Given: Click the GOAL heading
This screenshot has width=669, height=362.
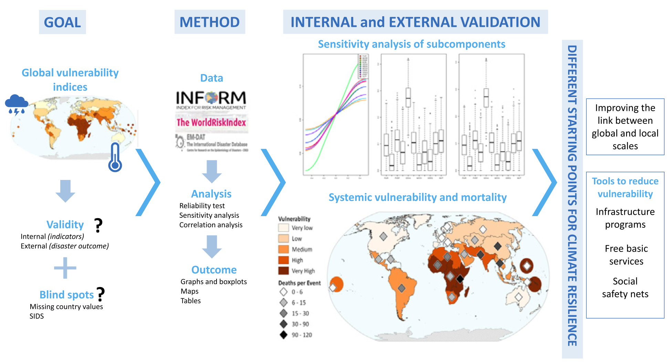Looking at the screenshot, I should pos(62,22).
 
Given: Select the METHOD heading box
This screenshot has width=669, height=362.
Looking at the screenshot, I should pos(209,22).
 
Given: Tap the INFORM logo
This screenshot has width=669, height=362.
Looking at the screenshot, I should pos(211,99).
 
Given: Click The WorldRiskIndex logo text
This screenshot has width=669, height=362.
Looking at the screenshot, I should pos(211,123).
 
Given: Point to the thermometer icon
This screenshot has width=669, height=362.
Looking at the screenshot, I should pos(115,157).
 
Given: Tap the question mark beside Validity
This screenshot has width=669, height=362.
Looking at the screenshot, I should pos(98,225).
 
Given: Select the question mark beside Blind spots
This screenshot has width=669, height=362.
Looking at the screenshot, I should pos(101,294).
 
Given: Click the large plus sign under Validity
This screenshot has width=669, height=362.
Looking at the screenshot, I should pos(65,268).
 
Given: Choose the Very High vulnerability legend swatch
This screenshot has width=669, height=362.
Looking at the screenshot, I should pos(283,270).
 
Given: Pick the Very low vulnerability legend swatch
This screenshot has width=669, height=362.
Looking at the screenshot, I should pos(283,228).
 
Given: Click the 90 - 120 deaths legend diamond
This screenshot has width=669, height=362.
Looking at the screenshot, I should pos(283,335).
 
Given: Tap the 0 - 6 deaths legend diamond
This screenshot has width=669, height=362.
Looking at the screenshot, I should pos(283,292).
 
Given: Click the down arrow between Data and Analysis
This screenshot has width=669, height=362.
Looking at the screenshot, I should pos(211,171).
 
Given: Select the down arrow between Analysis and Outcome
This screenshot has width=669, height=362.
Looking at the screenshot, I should pos(211,246).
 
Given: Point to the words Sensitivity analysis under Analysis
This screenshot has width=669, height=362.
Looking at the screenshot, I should pos(209,215).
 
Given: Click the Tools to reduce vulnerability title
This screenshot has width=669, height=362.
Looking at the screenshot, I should pos(625,188).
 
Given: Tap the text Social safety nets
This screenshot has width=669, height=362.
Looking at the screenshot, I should pos(625,288).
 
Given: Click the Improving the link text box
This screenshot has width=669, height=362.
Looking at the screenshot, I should pos(625,127).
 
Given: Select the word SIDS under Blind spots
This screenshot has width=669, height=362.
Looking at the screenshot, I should pos(37,316).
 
